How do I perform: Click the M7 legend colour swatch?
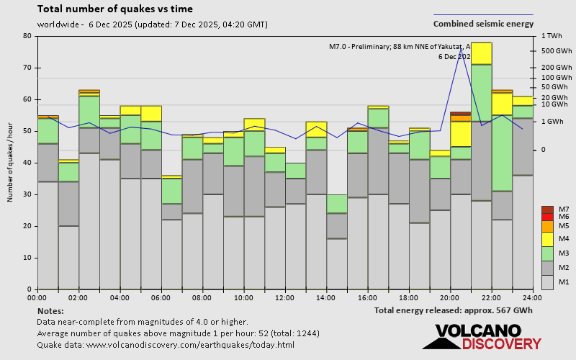(x=547, y=210)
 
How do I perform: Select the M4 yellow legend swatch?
(x=547, y=238)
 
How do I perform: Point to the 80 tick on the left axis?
(x=27, y=36)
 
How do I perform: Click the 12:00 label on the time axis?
(x=285, y=297)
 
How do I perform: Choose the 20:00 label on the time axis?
(x=451, y=297)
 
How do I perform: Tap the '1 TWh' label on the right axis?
(x=552, y=36)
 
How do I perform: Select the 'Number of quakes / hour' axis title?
(x=11, y=163)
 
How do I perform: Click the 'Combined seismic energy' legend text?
(x=483, y=24)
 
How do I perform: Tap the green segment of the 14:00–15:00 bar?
(x=336, y=204)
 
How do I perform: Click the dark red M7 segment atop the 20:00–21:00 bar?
(x=460, y=113)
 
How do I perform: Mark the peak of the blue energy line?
(x=462, y=49)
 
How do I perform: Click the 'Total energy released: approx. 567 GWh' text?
(x=454, y=310)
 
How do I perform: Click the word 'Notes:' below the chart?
(x=50, y=310)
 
